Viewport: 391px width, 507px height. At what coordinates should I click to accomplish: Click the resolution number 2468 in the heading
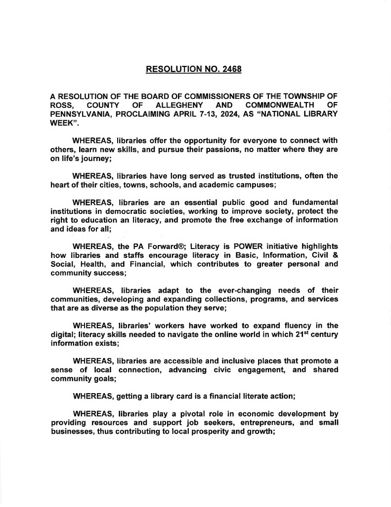coord(229,69)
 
